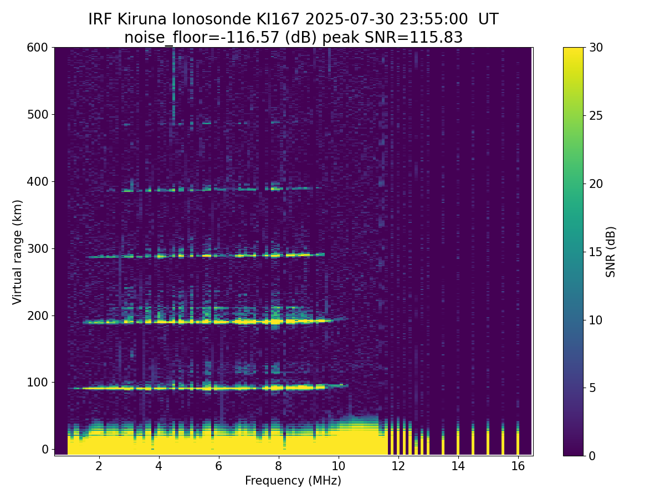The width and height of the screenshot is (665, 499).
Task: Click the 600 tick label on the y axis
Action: (37, 48)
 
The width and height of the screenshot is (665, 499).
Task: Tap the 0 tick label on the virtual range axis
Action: (45, 449)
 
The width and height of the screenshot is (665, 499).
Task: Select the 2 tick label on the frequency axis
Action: (99, 466)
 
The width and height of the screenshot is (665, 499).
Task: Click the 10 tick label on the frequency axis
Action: (338, 466)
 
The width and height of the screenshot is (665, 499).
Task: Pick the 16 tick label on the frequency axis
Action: (518, 466)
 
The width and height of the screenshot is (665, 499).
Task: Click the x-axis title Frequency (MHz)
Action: (293, 481)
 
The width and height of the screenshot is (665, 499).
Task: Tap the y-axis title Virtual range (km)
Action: (17, 252)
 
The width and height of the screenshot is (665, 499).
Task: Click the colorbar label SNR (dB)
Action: (610, 252)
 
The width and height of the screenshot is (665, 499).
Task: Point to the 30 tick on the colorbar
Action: (585, 48)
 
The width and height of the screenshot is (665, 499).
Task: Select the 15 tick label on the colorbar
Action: (596, 252)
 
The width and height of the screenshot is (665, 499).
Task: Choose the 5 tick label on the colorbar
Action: (592, 388)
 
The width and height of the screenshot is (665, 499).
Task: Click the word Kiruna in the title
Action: (142, 19)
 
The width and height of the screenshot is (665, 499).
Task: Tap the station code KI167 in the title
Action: (278, 19)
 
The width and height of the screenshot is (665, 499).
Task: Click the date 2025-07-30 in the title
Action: (350, 19)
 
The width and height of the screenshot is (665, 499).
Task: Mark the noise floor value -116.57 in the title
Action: (253, 38)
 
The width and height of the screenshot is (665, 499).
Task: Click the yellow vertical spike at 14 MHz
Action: (458, 438)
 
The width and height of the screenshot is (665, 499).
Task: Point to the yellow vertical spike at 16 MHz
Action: (518, 438)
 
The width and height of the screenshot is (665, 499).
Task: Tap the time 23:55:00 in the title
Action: (433, 19)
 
